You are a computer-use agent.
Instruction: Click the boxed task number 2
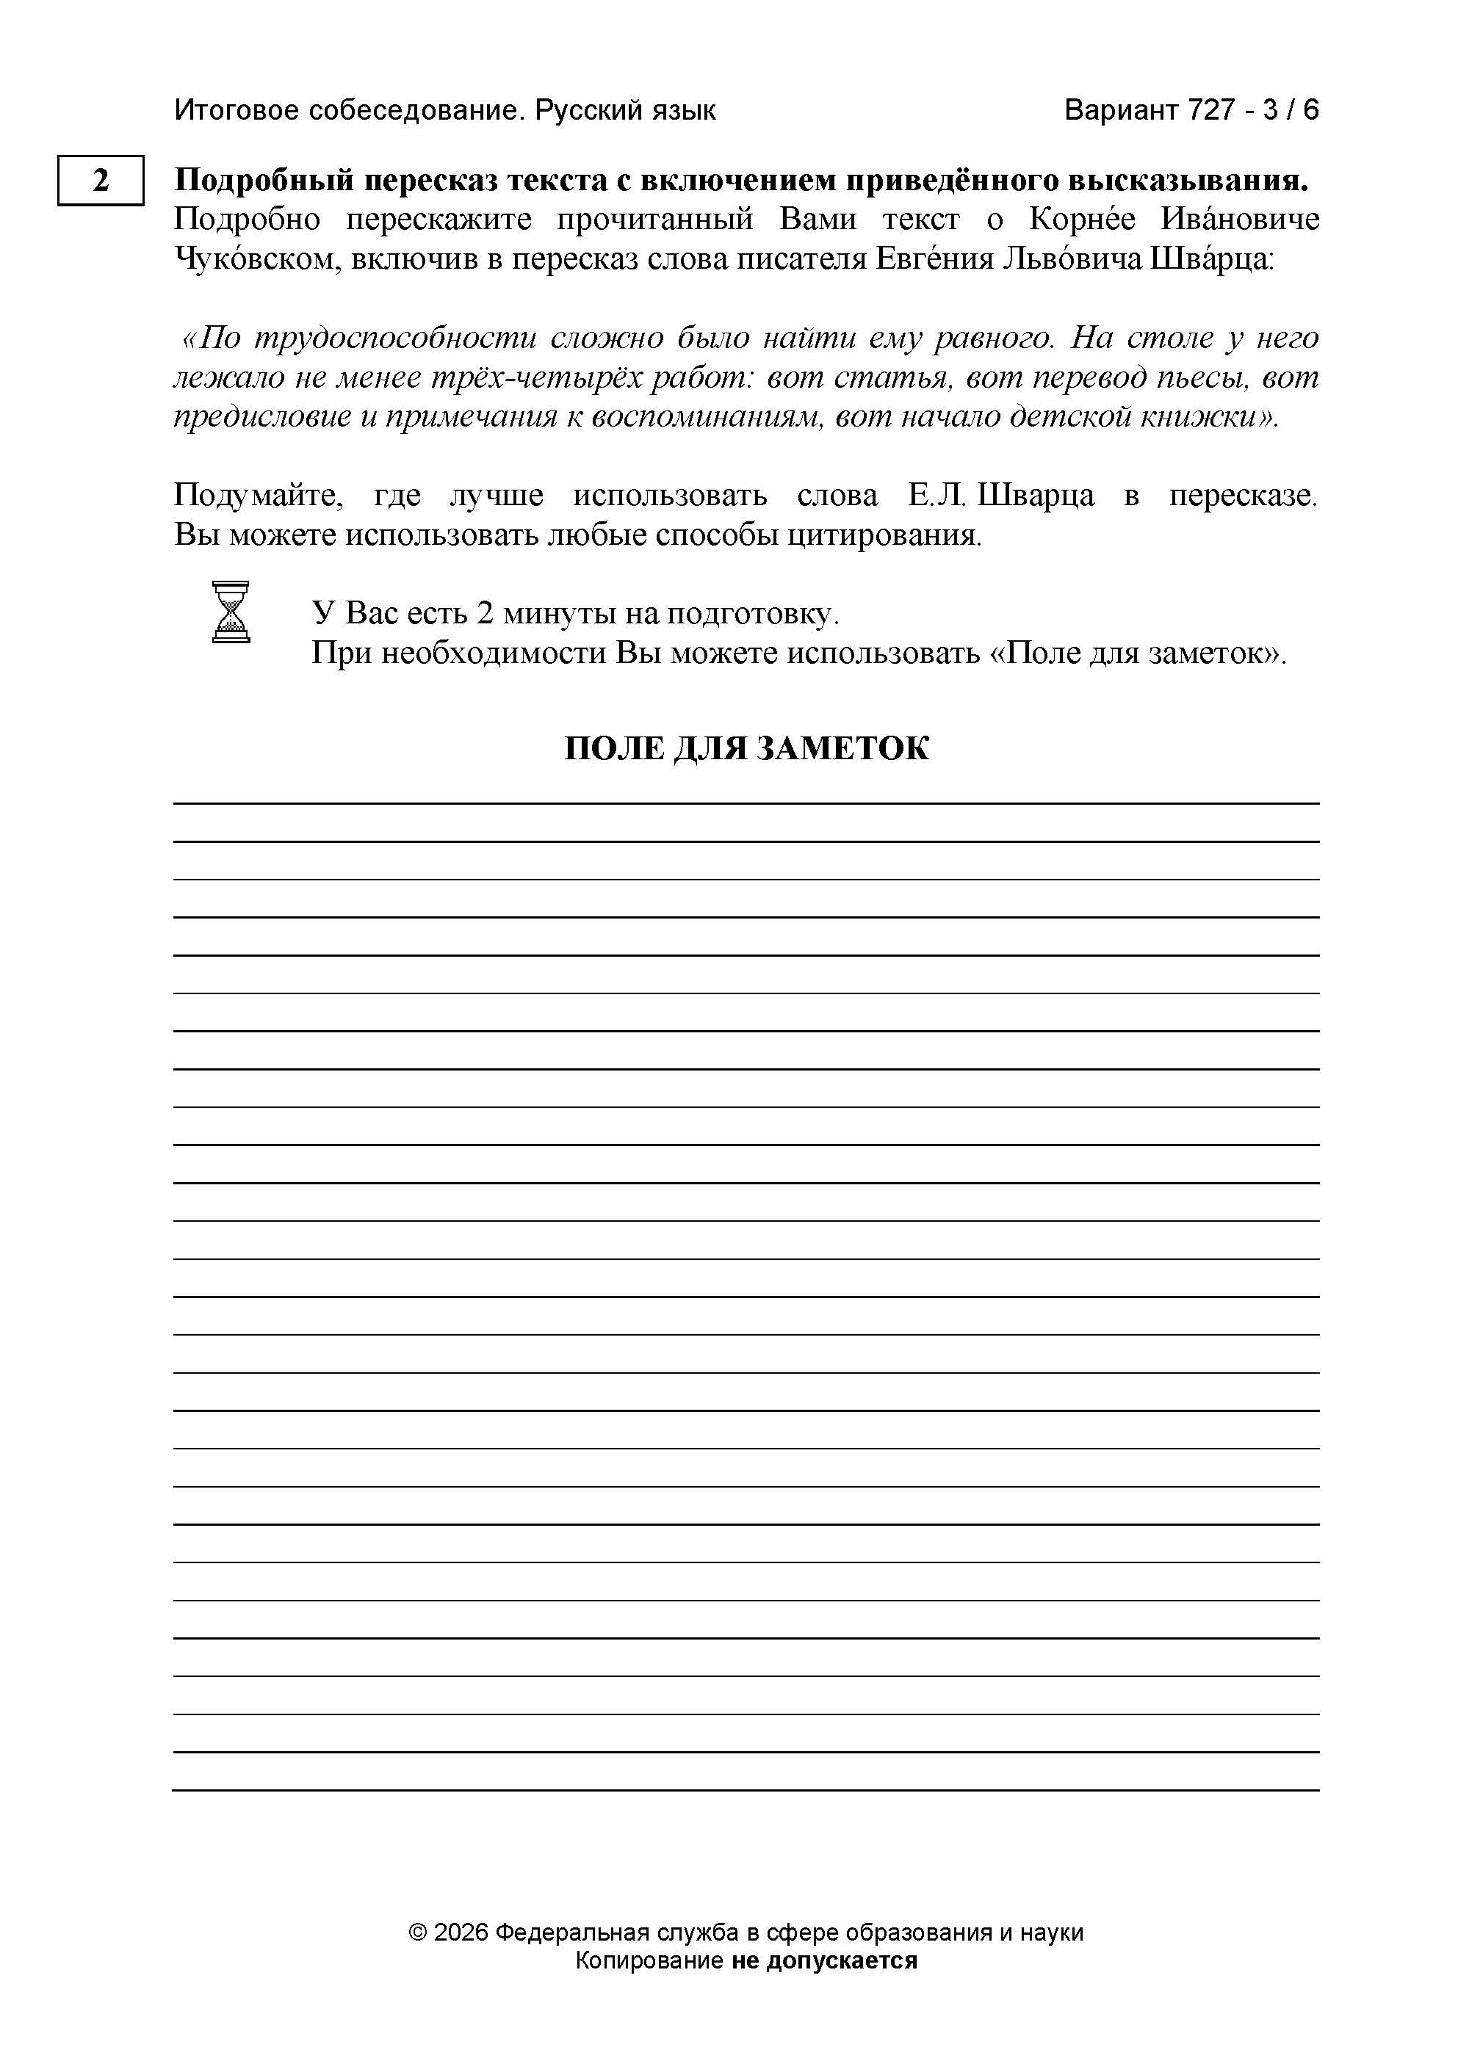[x=101, y=181]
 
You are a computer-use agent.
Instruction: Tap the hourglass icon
[x=231, y=612]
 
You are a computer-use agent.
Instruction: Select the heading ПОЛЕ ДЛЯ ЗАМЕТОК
[x=746, y=747]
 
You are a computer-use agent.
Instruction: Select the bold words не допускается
[x=824, y=1960]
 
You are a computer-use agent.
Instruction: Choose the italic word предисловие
[x=259, y=417]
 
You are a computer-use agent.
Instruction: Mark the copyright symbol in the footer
[x=417, y=1933]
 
